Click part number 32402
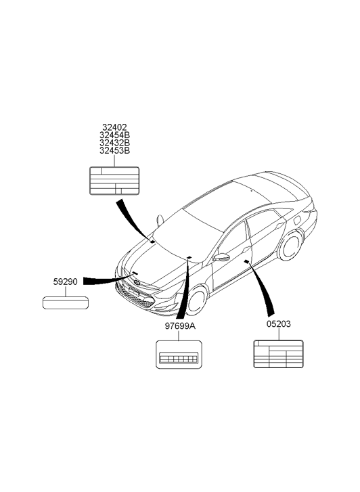point(114,127)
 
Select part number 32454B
point(114,135)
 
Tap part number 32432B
point(114,143)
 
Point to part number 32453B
point(114,151)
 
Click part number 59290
point(65,282)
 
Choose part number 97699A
point(180,326)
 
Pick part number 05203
point(279,323)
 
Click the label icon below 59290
point(65,303)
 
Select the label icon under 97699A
point(179,355)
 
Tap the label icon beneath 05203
point(278,354)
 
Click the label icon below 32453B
point(114,181)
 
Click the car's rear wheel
point(291,246)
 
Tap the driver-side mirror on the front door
point(221,257)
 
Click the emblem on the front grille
point(137,282)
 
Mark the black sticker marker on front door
point(247,261)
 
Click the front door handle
point(246,250)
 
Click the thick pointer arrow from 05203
point(263,288)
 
